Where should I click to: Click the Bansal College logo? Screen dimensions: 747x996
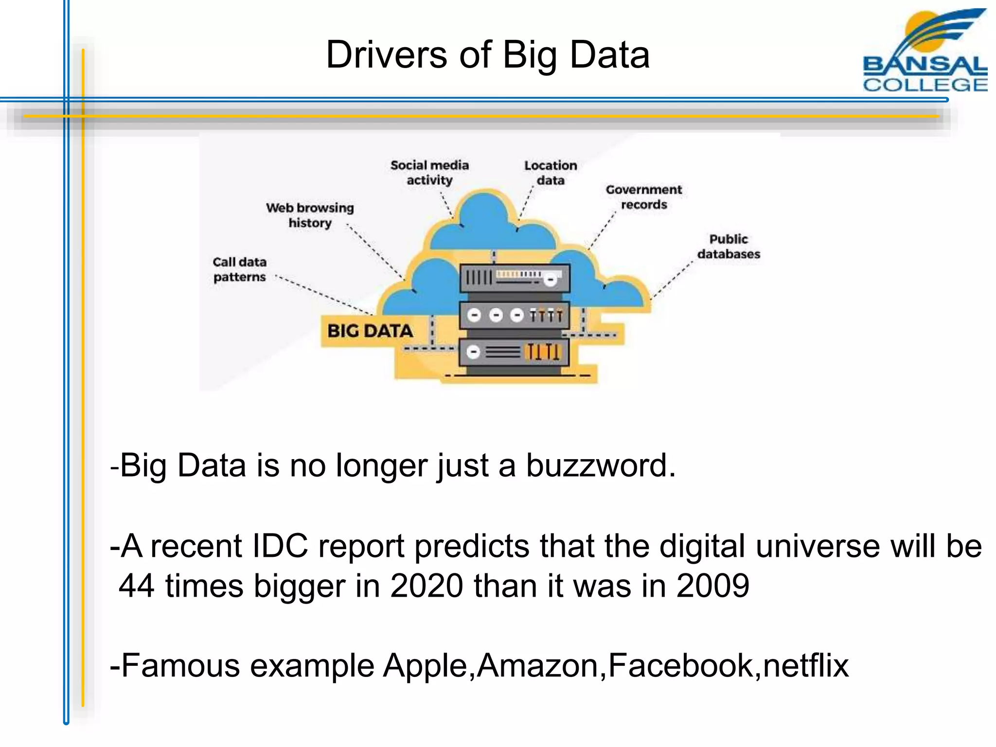pyautogui.click(x=924, y=51)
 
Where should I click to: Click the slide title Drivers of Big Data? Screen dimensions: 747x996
pyautogui.click(x=487, y=55)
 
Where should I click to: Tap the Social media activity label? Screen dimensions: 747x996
pyautogui.click(x=429, y=173)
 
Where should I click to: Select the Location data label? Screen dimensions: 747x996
pyautogui.click(x=551, y=173)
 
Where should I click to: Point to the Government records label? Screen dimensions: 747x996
pyautogui.click(x=643, y=197)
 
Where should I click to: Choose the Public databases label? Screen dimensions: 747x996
pyautogui.click(x=729, y=247)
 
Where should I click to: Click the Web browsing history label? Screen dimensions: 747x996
pyautogui.click(x=310, y=215)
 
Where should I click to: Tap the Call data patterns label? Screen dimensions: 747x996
pyautogui.click(x=240, y=269)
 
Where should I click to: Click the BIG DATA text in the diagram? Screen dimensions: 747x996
pyautogui.click(x=370, y=331)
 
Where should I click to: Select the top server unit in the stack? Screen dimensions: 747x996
pyautogui.click(x=515, y=278)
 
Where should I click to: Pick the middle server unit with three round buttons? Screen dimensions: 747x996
pyautogui.click(x=515, y=315)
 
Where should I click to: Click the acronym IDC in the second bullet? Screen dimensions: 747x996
pyautogui.click(x=280, y=546)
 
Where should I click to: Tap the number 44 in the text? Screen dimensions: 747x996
pyautogui.click(x=137, y=586)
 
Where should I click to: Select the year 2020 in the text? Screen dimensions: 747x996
pyautogui.click(x=427, y=586)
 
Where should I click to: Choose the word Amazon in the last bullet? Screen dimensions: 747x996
pyautogui.click(x=537, y=665)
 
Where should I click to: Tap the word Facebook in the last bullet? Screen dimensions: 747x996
pyautogui.click(x=680, y=665)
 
